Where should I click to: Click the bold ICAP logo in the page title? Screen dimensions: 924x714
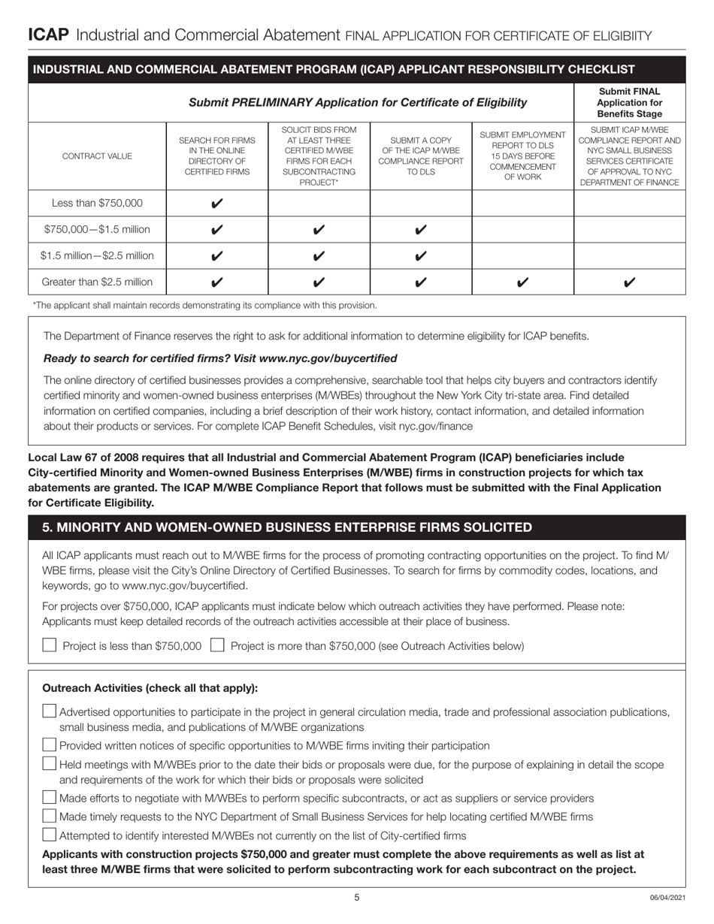click(x=48, y=35)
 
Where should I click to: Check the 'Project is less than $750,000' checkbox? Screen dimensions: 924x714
click(x=50, y=645)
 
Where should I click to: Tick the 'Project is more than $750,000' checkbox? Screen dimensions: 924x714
click(x=218, y=645)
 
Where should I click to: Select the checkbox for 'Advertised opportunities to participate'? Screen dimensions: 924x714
click(x=50, y=711)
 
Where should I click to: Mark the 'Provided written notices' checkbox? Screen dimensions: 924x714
click(x=50, y=745)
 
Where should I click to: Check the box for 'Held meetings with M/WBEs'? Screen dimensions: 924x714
click(x=50, y=763)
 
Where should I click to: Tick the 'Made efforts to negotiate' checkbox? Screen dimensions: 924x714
click(x=50, y=798)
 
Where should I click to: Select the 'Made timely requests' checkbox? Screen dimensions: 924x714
click(x=50, y=816)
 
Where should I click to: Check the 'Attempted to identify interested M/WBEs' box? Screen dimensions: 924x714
click(x=50, y=835)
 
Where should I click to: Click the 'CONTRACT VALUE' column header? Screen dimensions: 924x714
click(x=97, y=156)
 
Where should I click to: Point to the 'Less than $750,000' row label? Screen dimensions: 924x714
click(x=97, y=204)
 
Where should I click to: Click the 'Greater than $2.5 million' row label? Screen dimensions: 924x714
click(x=97, y=282)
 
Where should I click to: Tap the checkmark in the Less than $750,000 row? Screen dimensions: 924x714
click(x=216, y=204)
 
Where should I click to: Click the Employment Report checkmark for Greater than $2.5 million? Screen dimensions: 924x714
click(x=523, y=282)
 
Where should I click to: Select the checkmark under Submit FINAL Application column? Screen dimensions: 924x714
click(x=630, y=282)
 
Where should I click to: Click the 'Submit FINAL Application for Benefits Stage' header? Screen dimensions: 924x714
click(x=629, y=103)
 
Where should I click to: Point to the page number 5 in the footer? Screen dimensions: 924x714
click(x=356, y=896)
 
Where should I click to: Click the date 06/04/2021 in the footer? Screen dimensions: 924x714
click(x=666, y=897)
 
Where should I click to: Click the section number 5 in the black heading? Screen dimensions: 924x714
click(x=47, y=527)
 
